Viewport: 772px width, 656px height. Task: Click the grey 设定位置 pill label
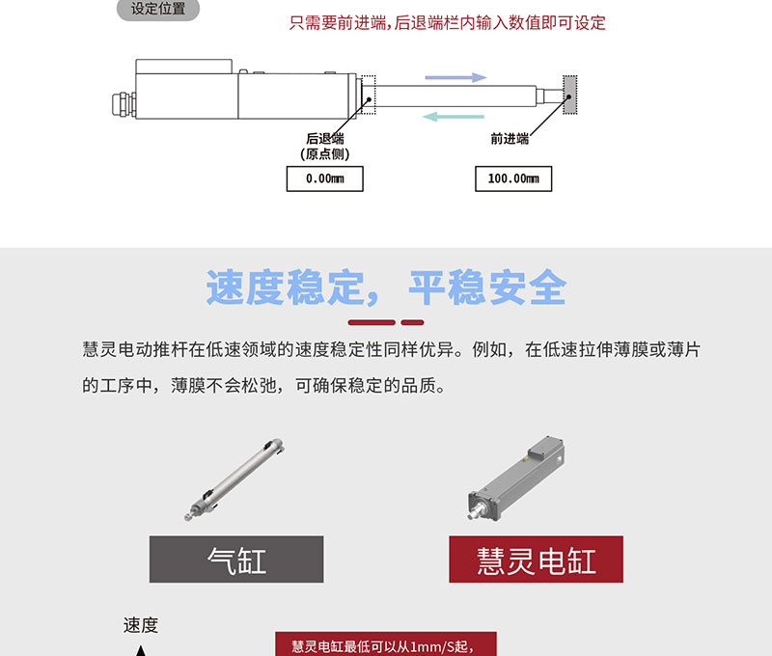point(158,9)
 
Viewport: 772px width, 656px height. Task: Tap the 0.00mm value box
point(325,178)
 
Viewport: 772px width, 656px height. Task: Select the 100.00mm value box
point(513,178)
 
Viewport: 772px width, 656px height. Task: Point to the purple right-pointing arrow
point(455,77)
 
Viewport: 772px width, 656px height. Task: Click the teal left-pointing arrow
point(454,117)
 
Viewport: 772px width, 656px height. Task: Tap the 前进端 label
point(510,139)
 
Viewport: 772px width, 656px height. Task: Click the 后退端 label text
point(325,139)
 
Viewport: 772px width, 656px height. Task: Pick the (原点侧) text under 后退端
point(325,154)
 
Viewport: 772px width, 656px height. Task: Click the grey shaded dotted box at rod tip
point(570,95)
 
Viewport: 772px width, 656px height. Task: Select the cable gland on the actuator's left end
point(124,104)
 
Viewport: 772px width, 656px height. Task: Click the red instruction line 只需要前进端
point(447,22)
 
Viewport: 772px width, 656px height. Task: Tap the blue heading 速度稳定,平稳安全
point(387,287)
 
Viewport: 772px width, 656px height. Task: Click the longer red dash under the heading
point(372,322)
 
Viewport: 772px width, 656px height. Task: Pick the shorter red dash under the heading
point(413,322)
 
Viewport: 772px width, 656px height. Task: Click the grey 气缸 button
point(236,560)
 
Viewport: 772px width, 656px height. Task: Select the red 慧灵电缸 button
point(537,560)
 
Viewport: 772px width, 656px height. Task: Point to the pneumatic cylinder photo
point(234,479)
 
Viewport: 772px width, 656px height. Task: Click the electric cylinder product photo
point(516,478)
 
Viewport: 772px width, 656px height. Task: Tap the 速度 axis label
point(141,625)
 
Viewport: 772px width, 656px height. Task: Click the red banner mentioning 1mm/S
point(386,644)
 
